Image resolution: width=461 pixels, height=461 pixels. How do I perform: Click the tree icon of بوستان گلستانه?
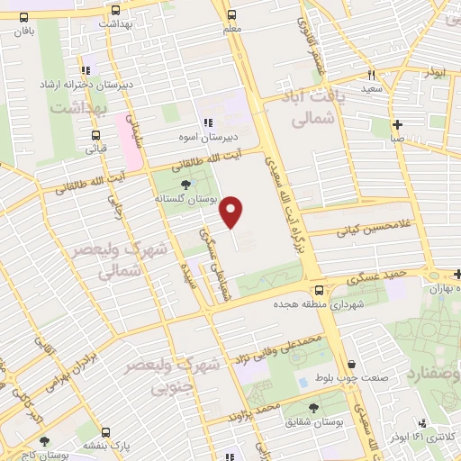[x=185, y=185]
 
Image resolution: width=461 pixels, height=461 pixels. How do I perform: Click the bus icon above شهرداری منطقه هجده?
[x=320, y=290]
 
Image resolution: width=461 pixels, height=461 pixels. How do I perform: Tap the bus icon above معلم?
[x=232, y=15]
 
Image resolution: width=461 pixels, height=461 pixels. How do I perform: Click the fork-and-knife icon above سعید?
[x=370, y=77]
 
